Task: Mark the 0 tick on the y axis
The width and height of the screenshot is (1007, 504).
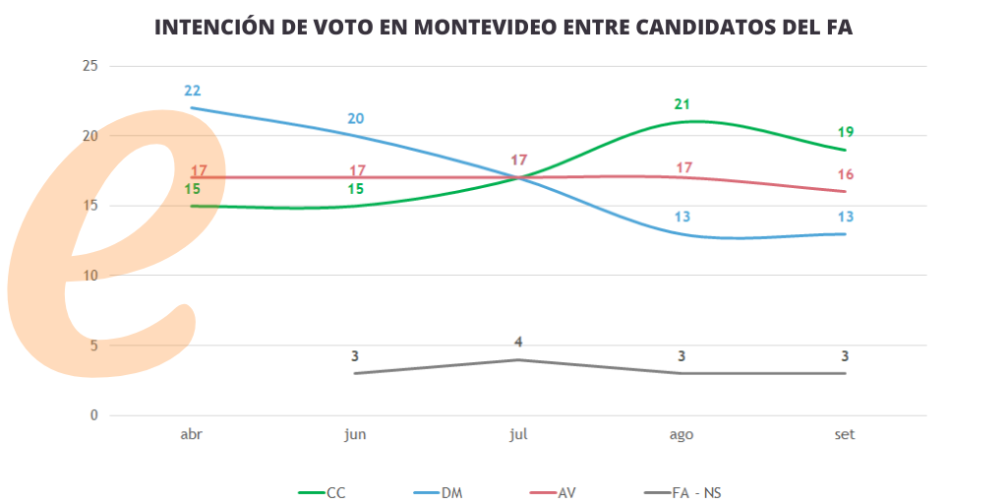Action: pos(94,415)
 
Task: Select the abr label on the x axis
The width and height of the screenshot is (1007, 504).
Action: pos(192,435)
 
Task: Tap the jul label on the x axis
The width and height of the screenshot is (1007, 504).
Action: pos(519,435)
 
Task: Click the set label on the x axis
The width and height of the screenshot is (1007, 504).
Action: pos(844,435)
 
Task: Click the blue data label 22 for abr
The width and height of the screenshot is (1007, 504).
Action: pos(192,91)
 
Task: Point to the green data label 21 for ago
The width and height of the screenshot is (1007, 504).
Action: pos(682,104)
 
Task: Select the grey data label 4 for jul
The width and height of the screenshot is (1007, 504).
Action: pos(518,343)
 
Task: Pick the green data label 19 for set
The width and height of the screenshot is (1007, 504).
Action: pos(845,132)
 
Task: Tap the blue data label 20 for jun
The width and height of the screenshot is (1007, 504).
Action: pos(356,118)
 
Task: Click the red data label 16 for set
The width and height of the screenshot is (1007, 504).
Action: pos(845,174)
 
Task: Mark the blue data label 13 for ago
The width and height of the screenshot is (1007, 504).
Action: pos(682,217)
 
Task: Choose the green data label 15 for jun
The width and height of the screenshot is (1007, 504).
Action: pos(356,188)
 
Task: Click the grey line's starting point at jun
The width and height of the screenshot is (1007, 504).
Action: pos(355,373)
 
